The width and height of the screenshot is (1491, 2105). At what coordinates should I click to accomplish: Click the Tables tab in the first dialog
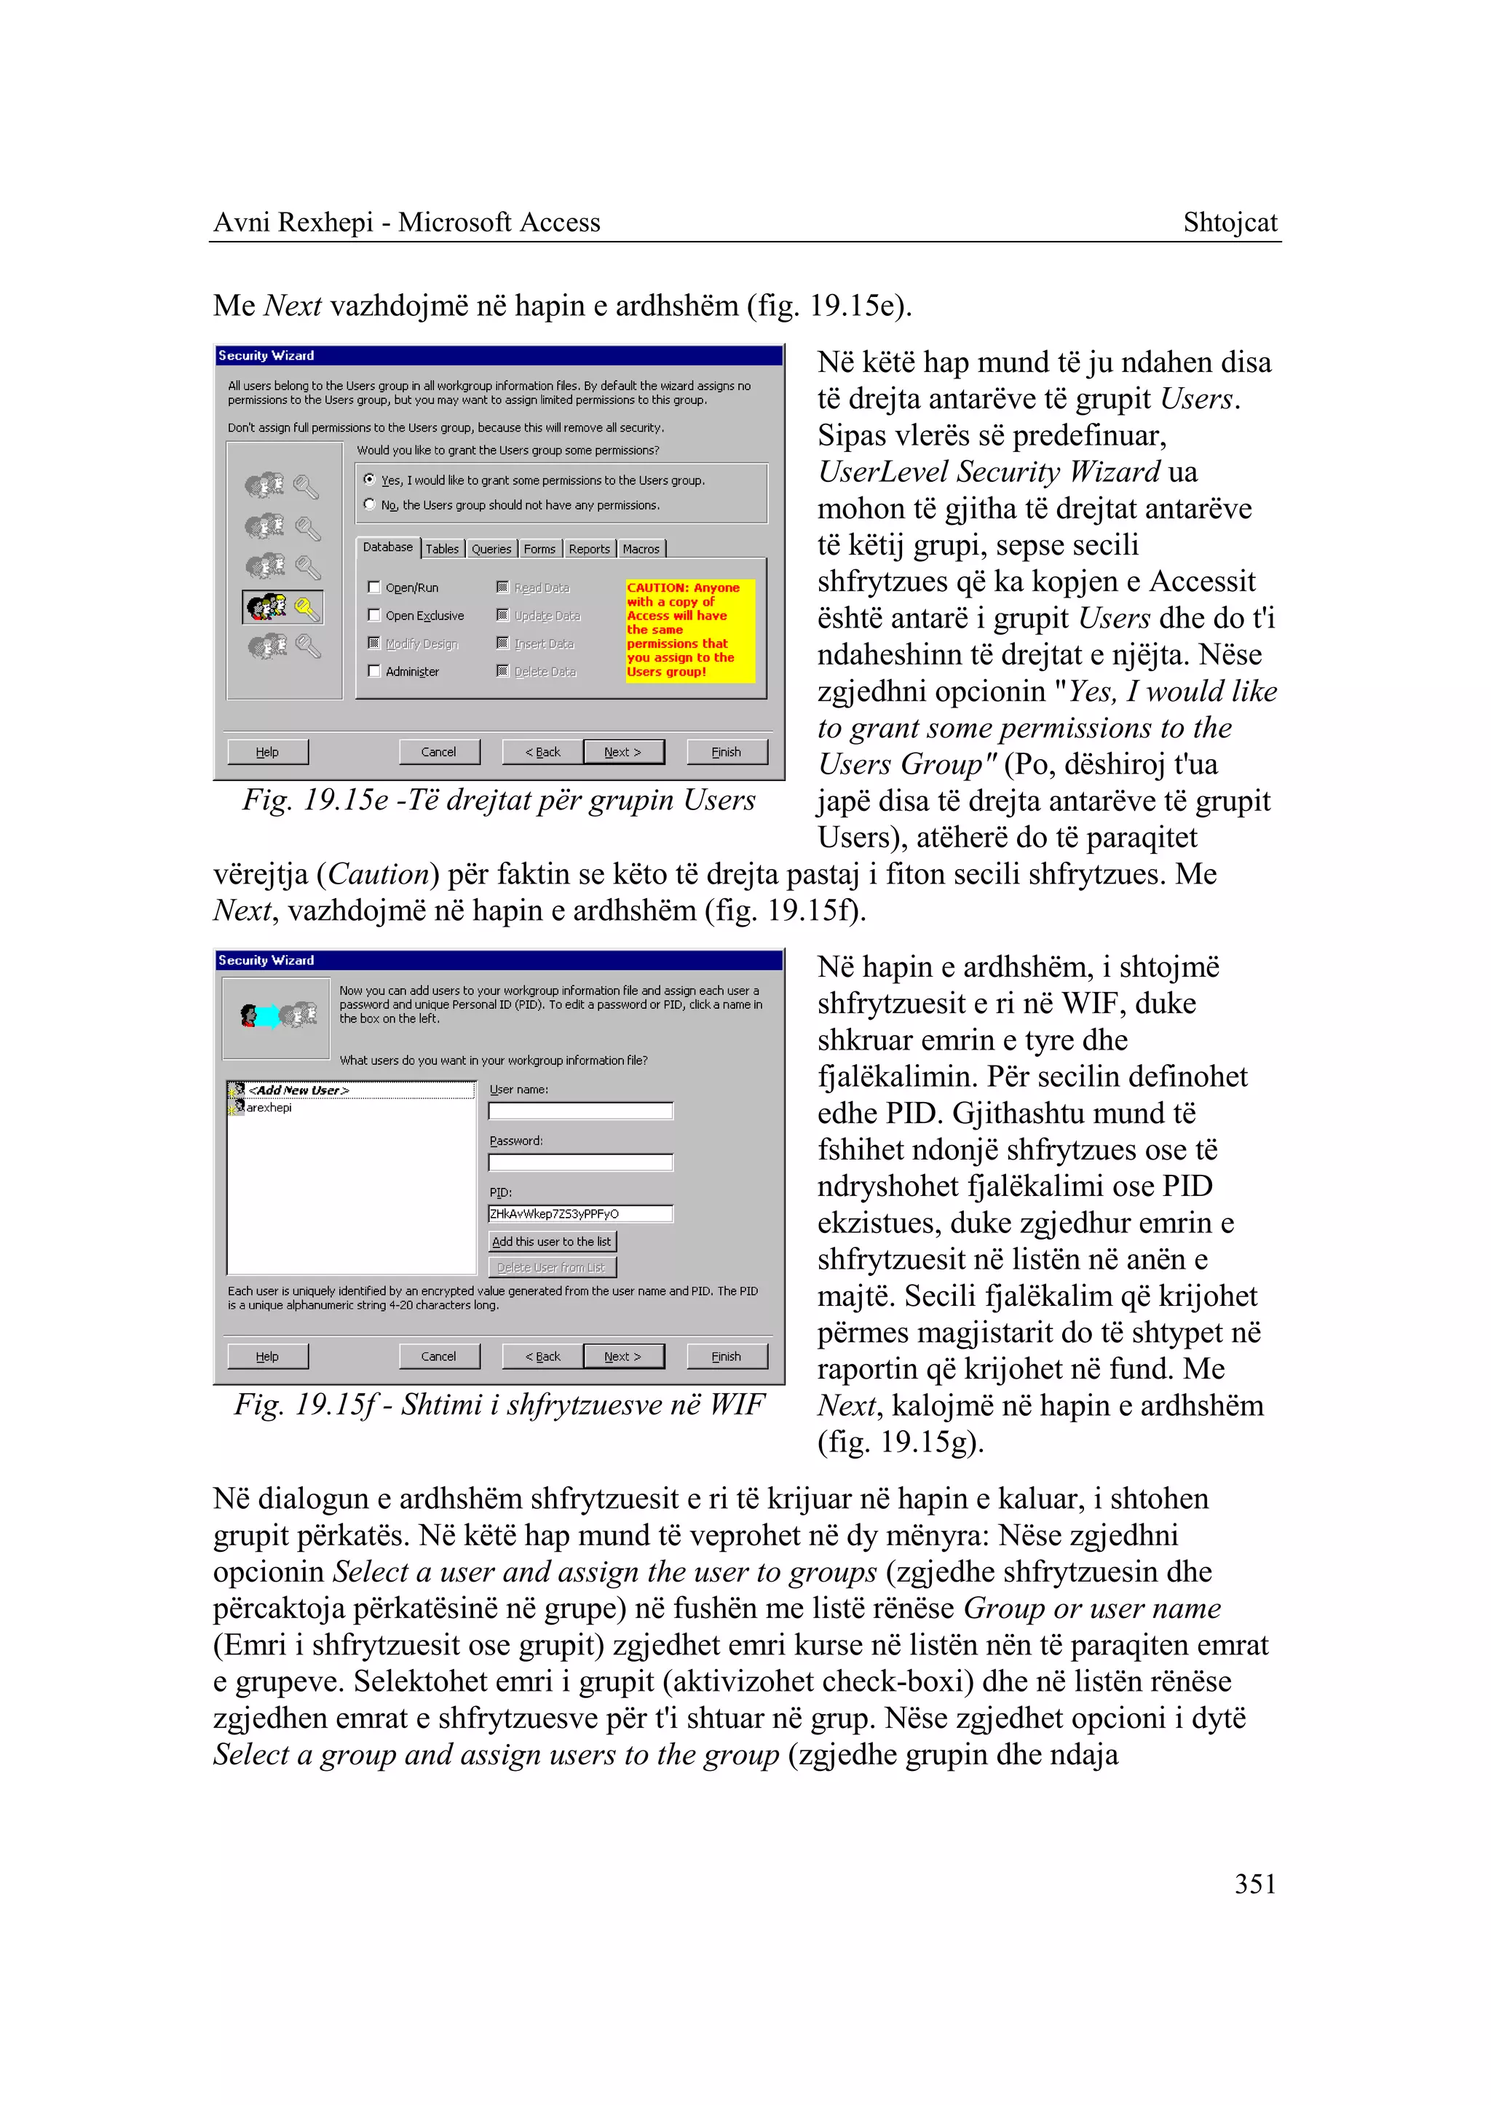click(x=442, y=549)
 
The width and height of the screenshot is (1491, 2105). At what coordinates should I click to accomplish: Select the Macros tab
click(x=641, y=549)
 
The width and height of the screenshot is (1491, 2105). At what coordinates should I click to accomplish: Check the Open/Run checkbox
click(x=375, y=587)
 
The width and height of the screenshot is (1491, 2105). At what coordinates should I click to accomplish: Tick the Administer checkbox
click(x=375, y=671)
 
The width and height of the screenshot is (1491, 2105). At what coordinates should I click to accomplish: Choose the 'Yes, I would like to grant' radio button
click(x=369, y=479)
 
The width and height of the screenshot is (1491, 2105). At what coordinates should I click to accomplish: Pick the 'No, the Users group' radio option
click(x=369, y=504)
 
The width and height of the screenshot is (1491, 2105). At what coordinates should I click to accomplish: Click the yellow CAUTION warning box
click(x=689, y=630)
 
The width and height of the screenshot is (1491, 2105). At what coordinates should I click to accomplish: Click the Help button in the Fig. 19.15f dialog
click(x=267, y=1356)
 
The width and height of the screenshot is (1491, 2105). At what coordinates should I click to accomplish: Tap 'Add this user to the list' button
click(x=552, y=1241)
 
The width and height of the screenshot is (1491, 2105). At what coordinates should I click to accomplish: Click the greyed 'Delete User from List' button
click(x=552, y=1266)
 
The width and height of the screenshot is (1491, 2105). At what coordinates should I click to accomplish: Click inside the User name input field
click(x=580, y=1111)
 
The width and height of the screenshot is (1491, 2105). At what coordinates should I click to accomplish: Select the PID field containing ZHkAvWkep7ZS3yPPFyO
click(x=580, y=1213)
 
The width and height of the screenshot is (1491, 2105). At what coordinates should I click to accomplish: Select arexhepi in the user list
click(x=268, y=1107)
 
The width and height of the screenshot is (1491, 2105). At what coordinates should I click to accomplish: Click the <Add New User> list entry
click(x=298, y=1090)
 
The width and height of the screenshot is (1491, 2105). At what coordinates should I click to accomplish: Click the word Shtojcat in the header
click(x=1230, y=222)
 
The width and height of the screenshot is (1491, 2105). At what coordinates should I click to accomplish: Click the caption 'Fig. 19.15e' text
click(x=499, y=800)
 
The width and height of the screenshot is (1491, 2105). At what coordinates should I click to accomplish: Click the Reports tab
click(x=588, y=549)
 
